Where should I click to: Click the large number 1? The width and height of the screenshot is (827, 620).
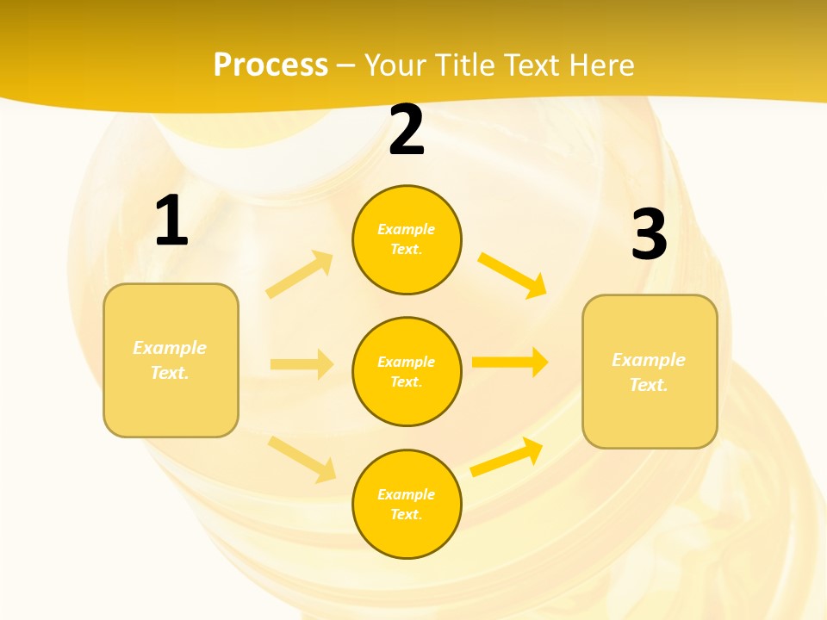[x=171, y=221]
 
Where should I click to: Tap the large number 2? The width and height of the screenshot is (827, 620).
[x=407, y=130]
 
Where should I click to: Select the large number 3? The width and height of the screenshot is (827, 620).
[x=649, y=234]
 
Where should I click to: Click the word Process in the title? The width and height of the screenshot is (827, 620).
[x=270, y=65]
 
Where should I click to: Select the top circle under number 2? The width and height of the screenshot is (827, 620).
[x=407, y=239]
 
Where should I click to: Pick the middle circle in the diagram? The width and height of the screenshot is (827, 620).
[x=407, y=371]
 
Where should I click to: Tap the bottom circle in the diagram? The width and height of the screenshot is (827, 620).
[x=407, y=504]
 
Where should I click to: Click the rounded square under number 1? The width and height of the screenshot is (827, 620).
[x=171, y=360]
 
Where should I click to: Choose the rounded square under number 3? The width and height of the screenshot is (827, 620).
[x=650, y=372]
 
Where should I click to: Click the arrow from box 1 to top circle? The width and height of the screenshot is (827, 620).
[x=300, y=275]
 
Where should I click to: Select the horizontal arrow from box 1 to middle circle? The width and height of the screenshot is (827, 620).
[x=302, y=364]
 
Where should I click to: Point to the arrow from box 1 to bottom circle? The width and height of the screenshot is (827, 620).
[x=302, y=459]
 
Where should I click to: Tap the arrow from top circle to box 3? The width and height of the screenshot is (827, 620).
[x=512, y=275]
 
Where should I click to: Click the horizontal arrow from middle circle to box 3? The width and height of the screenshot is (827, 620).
[x=510, y=362]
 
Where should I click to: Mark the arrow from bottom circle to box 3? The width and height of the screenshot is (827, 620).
[x=507, y=457]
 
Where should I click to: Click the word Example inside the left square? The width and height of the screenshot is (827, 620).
[x=170, y=348]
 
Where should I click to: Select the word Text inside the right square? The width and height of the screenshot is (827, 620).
[x=649, y=385]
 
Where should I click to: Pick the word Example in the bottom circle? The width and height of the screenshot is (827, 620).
[x=407, y=494]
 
